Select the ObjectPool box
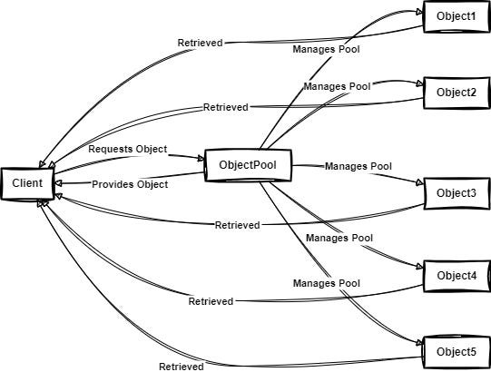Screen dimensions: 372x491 coord(247,165)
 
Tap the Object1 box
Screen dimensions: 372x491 coord(456,15)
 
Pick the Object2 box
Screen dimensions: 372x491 coord(456,92)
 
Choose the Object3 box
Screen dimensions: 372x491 coord(456,193)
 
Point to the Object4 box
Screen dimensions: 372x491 coord(456,275)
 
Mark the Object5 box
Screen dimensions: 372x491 coord(456,351)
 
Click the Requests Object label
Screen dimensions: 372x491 coord(128,148)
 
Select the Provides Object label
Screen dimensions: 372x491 coord(131,184)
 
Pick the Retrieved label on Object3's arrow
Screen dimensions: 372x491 coord(237,224)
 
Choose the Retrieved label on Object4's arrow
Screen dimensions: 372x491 coord(211,300)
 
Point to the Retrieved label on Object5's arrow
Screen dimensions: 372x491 coord(181,366)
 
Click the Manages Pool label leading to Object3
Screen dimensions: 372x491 coord(358,167)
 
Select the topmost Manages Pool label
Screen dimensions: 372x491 coord(326,49)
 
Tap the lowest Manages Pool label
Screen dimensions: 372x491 coord(327,284)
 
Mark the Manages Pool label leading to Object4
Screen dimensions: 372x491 coord(339,238)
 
